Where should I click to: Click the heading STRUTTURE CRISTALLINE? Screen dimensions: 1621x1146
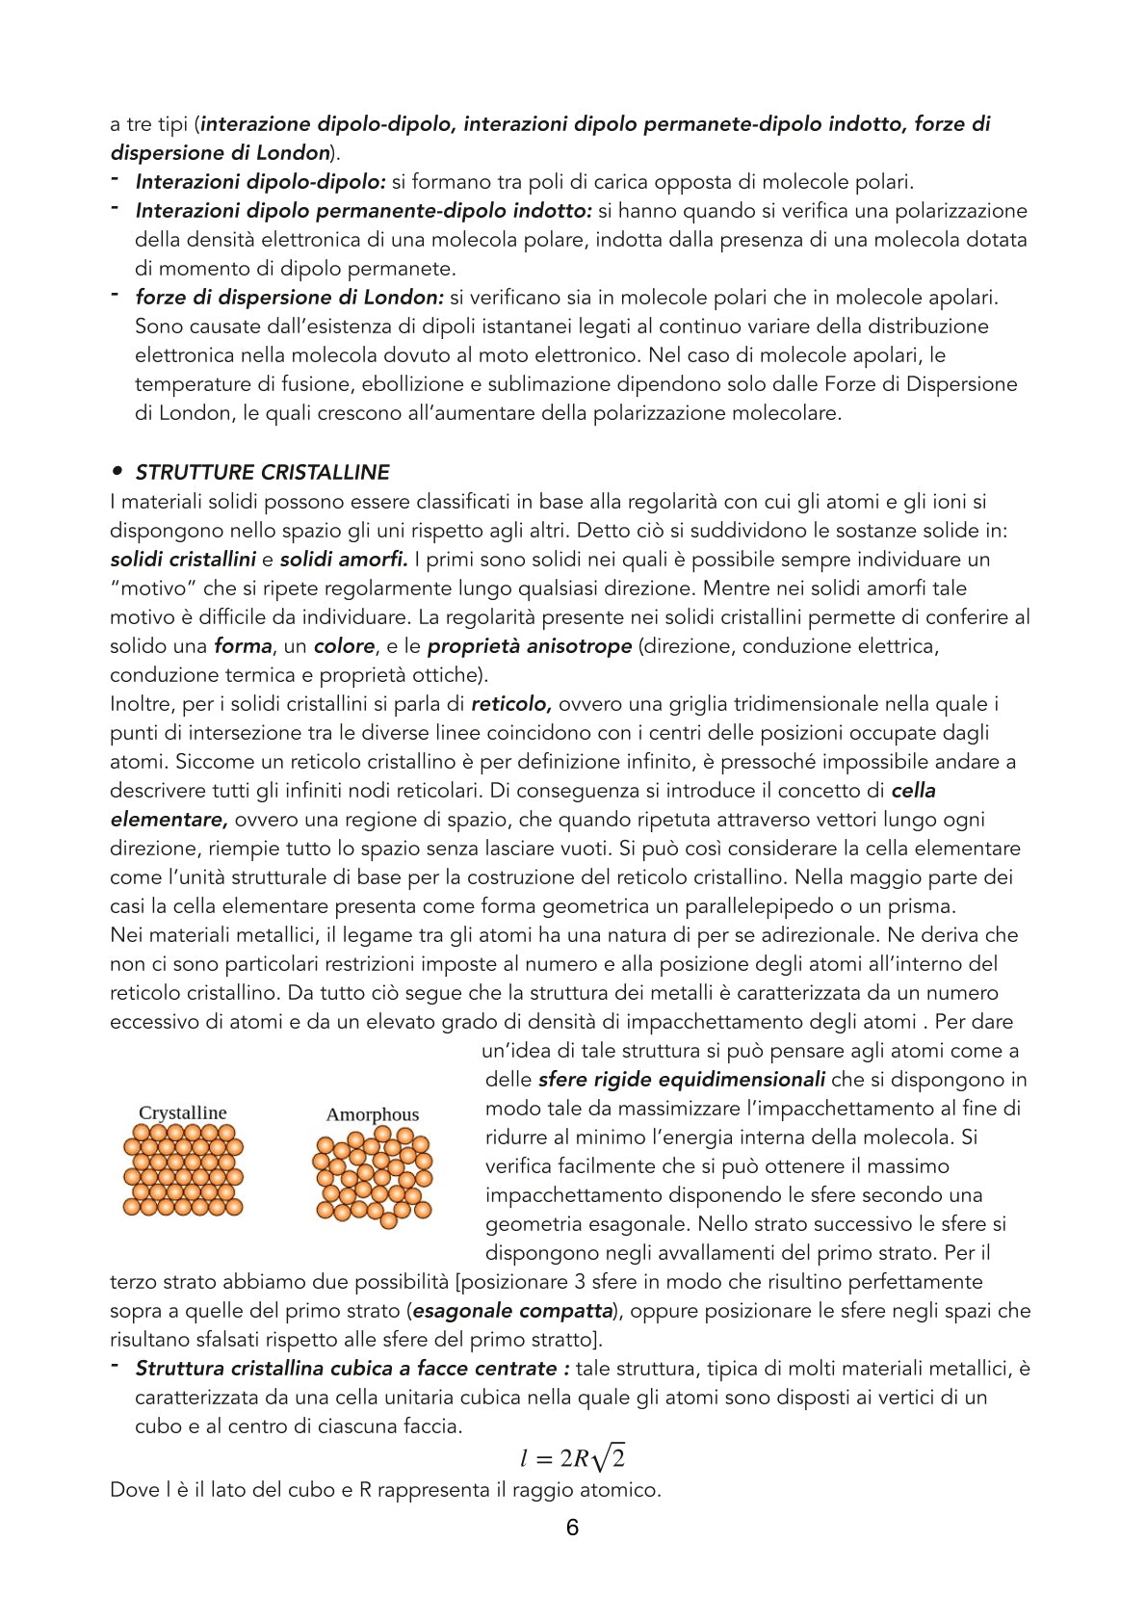click(x=262, y=472)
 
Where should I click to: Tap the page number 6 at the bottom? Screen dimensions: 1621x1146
click(x=572, y=1528)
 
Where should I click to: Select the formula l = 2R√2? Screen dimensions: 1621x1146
click(x=572, y=1458)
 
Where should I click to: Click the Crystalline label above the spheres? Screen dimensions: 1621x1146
click(x=183, y=1112)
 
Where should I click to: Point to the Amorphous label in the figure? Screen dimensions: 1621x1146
click(x=373, y=1114)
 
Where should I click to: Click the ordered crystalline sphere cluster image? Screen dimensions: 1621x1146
click(x=183, y=1170)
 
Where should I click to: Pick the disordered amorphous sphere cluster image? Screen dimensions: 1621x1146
click(x=373, y=1177)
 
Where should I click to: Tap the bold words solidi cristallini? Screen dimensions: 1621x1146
click(x=183, y=559)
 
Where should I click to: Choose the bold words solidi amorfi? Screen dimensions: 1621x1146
click(x=344, y=559)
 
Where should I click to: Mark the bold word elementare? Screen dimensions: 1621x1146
click(x=169, y=819)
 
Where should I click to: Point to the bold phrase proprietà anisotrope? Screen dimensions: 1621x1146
click(x=530, y=645)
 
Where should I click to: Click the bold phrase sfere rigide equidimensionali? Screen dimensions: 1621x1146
click(x=682, y=1079)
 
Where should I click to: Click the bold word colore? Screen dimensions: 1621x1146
click(x=344, y=645)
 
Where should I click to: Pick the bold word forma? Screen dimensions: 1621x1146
click(x=243, y=645)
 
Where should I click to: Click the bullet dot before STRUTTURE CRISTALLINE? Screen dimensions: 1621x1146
click(x=117, y=471)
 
